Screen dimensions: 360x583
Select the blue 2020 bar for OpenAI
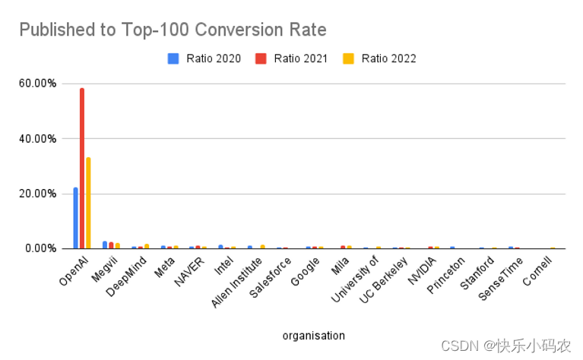click(x=75, y=218)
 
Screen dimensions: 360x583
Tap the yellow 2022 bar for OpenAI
click(x=89, y=203)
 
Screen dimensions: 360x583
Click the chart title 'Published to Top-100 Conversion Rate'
click(x=173, y=30)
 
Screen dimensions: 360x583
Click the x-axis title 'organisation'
click(x=313, y=335)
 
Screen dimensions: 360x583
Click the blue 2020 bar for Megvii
click(x=105, y=245)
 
